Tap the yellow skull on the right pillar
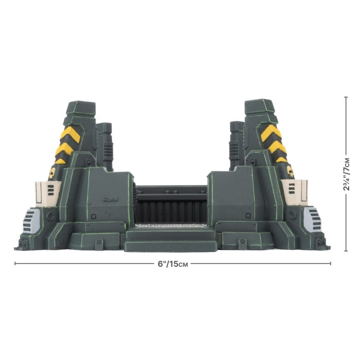290,171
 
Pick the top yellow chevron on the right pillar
271,133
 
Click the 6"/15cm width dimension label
173,264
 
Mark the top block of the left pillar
80,108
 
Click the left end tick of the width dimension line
15,264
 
